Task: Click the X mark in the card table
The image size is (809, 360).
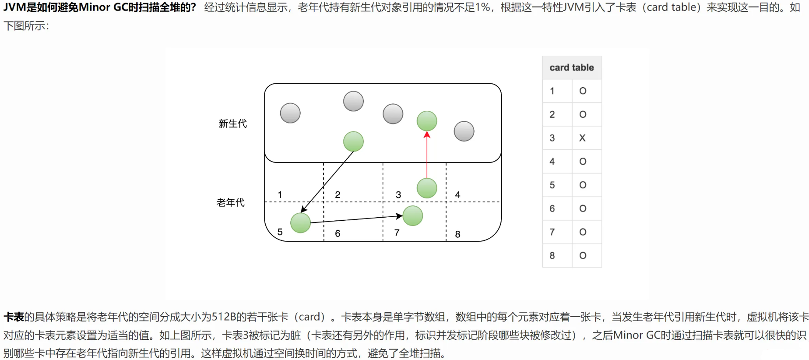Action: click(582, 138)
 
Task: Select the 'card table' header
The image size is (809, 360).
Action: click(572, 67)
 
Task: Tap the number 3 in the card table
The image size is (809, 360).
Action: click(552, 138)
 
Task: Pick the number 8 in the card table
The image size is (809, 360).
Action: click(552, 255)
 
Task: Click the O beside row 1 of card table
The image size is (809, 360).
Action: click(583, 91)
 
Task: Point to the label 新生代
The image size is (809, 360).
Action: click(232, 124)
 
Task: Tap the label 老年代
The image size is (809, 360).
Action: click(231, 202)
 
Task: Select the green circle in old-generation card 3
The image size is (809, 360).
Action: click(427, 188)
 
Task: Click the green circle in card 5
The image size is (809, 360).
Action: click(301, 222)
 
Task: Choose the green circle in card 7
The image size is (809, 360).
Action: click(412, 216)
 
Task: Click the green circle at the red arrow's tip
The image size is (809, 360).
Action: click(427, 121)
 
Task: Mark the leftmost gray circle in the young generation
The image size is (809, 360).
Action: click(290, 113)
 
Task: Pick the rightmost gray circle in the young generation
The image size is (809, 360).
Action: click(464, 131)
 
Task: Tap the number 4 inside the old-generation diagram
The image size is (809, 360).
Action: click(457, 194)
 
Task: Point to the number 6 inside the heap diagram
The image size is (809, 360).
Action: click(338, 233)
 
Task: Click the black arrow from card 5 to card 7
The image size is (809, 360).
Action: click(355, 219)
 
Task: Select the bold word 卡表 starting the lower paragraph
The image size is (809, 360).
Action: click(14, 317)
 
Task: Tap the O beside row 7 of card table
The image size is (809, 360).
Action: click(583, 232)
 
